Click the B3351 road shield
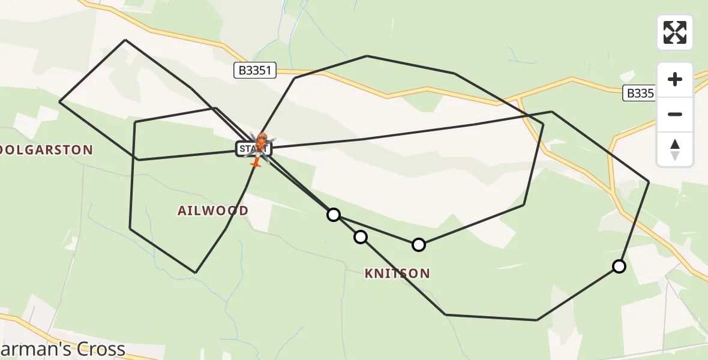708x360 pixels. tap(255, 71)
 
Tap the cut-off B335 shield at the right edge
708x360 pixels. tap(638, 93)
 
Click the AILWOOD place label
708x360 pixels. tap(213, 211)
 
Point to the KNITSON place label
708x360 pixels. tap(397, 274)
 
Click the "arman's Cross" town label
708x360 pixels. tap(62, 349)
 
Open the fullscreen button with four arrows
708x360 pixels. tap(675, 32)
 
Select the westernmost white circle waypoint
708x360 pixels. tap(334, 214)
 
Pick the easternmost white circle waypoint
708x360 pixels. tap(619, 266)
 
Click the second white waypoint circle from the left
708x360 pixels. tap(360, 237)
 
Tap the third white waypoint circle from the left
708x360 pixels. tap(419, 244)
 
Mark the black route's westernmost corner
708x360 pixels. tap(59, 101)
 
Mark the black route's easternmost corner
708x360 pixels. tap(649, 181)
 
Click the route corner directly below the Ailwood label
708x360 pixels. tap(196, 272)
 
